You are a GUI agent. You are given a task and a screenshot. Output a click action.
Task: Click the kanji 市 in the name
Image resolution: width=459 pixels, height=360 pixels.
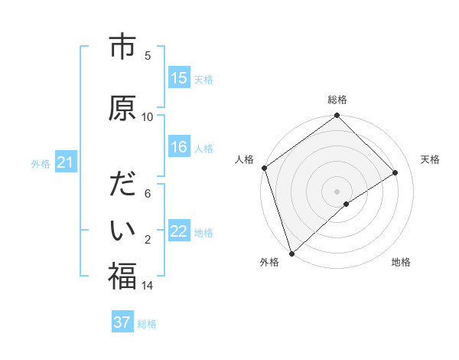pos(122,47)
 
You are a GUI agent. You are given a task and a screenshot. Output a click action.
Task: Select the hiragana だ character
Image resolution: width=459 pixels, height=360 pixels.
pos(122,186)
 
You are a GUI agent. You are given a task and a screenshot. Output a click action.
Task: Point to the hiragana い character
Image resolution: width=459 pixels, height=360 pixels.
pos(122,229)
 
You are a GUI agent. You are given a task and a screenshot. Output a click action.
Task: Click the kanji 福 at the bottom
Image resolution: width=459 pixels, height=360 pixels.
pos(122,276)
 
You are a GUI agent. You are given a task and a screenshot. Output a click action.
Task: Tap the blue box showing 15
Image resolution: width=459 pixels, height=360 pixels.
pos(179,78)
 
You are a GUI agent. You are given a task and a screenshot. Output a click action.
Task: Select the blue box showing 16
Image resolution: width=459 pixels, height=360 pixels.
pos(179,147)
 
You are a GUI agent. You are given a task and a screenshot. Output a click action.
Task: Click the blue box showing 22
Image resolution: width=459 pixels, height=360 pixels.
pos(179,231)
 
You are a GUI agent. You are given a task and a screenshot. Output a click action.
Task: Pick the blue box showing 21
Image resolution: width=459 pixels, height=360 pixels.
pos(65,162)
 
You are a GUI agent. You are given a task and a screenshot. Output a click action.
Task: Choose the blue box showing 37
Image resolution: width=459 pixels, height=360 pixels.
pos(122,322)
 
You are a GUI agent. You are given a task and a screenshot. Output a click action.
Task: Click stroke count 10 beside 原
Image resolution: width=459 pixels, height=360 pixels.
pos(148,116)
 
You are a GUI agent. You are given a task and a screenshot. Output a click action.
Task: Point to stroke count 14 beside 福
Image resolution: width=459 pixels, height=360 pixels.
pos(148,286)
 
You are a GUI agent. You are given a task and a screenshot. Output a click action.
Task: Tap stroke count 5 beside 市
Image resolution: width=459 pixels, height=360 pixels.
pos(148,55)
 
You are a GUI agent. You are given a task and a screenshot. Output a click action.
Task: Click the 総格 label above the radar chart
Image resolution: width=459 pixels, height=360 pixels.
pos(337,100)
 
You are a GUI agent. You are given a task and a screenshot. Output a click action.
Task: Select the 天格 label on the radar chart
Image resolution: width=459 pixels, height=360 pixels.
pos(430,159)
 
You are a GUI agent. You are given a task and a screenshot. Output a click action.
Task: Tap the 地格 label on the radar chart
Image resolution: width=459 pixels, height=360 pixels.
pos(401,262)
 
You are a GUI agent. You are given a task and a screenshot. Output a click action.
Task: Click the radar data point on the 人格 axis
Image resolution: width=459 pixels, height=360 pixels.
pos(264,168)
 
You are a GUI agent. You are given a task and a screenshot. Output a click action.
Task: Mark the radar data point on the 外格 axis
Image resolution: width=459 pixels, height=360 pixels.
pos(291,253)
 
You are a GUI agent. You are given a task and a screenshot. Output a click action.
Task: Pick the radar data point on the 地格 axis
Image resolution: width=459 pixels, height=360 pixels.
pos(347,204)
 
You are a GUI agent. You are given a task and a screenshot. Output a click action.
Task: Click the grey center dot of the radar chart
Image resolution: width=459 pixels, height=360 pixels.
pos(337,191)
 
